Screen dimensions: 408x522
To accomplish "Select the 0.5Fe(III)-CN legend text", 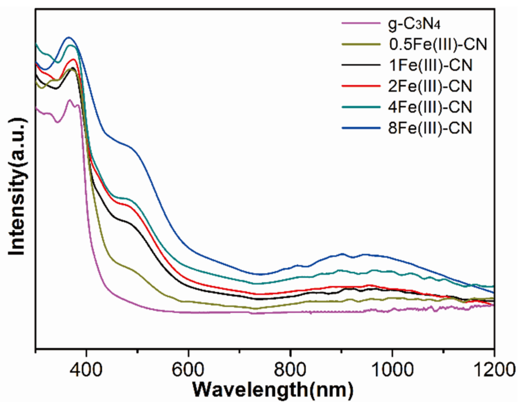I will [x=438, y=44].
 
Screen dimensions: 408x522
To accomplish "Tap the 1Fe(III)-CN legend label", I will [x=430, y=65].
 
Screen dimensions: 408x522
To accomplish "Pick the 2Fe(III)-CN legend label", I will [x=430, y=86].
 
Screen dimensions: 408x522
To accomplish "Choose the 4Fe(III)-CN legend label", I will [x=430, y=107].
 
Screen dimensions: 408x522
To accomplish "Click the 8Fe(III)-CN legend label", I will [x=430, y=128].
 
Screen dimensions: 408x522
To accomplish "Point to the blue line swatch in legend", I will [x=361, y=128].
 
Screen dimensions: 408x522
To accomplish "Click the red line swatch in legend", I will [x=361, y=86].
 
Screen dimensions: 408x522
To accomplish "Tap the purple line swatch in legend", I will [x=361, y=23].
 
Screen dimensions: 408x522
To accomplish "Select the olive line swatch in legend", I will [x=361, y=44].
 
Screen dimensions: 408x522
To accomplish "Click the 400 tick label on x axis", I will [x=87, y=370].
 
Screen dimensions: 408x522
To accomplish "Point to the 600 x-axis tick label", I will [x=188, y=370].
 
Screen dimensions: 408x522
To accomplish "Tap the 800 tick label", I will [x=290, y=370].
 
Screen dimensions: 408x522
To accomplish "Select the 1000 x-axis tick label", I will [x=392, y=370].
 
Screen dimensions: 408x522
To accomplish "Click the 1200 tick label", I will [x=494, y=370].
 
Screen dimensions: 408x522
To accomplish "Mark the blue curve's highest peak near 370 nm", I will [x=69, y=37].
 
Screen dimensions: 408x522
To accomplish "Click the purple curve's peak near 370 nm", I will [x=70, y=100].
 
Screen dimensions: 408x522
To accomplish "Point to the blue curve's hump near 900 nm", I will [x=343, y=254].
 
